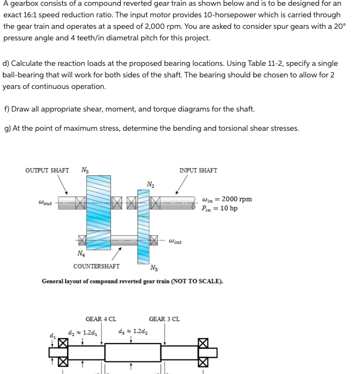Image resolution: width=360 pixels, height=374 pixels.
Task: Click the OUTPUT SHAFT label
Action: pos(47,170)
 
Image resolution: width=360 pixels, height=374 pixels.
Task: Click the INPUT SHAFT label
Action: pos(198,170)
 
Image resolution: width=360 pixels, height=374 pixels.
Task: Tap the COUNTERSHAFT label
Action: pos(96,266)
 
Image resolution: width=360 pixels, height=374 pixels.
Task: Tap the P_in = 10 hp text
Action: pos(220,208)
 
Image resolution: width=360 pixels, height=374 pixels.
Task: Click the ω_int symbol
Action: pos(175,241)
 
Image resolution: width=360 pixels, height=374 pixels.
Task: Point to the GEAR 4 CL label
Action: pos(101,319)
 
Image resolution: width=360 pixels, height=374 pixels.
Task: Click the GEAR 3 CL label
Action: pos(165,319)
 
